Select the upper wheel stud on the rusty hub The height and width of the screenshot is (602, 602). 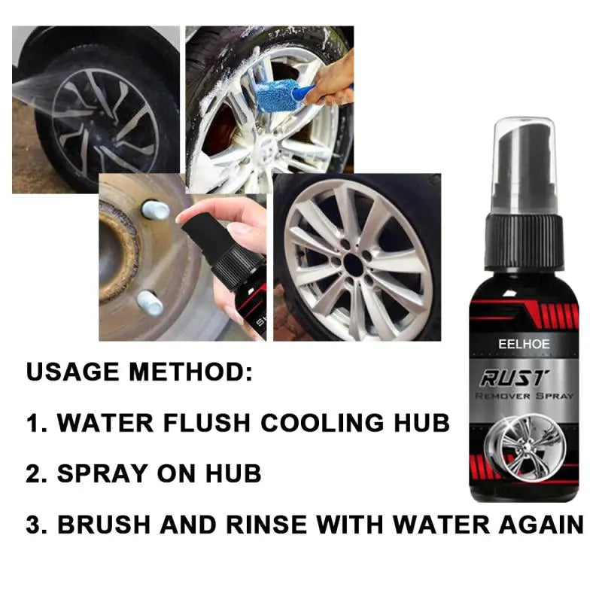154,210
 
